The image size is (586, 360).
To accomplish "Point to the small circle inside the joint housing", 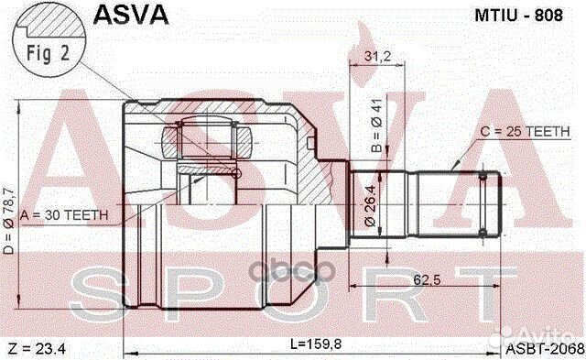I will click(236, 174).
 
